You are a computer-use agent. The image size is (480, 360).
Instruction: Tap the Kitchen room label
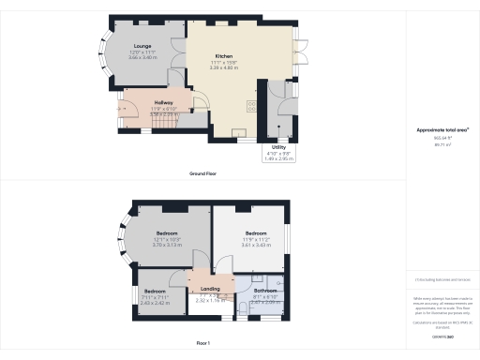(x=224, y=56)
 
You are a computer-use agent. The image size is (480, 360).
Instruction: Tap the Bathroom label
(x=267, y=291)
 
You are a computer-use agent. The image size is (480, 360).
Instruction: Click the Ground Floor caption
(x=204, y=173)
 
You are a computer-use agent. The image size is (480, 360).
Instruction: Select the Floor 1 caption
(x=204, y=345)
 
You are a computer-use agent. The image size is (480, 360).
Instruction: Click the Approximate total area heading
(x=442, y=130)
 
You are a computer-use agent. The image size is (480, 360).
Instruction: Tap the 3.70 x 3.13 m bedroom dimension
(x=167, y=245)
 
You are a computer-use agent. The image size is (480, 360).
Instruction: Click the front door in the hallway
(x=123, y=109)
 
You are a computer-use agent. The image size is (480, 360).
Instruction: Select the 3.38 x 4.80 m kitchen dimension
(x=224, y=67)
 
